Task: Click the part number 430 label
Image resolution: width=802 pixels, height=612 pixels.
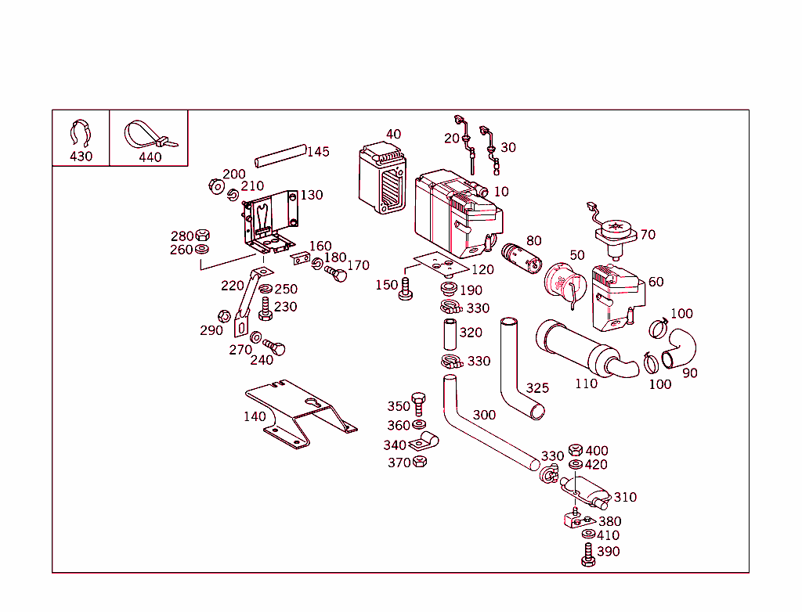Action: click(81, 156)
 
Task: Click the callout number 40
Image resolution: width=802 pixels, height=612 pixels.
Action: click(393, 134)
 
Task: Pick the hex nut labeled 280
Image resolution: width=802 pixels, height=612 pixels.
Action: click(201, 235)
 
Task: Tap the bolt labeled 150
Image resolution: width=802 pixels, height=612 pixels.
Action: click(405, 289)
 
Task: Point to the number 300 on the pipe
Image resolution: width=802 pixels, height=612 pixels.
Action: click(484, 415)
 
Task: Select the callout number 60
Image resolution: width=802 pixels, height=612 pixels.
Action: click(656, 282)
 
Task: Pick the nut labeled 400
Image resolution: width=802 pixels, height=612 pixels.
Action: click(575, 450)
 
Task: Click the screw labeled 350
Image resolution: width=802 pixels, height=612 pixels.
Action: click(417, 404)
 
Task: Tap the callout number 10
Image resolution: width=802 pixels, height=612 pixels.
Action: click(501, 192)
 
